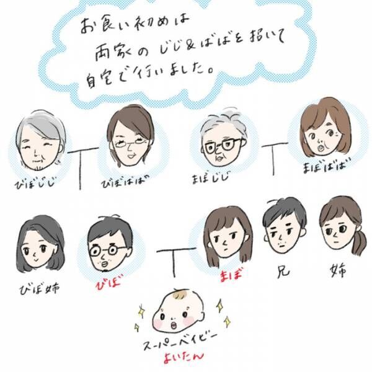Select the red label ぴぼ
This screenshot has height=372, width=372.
click(x=108, y=285)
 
